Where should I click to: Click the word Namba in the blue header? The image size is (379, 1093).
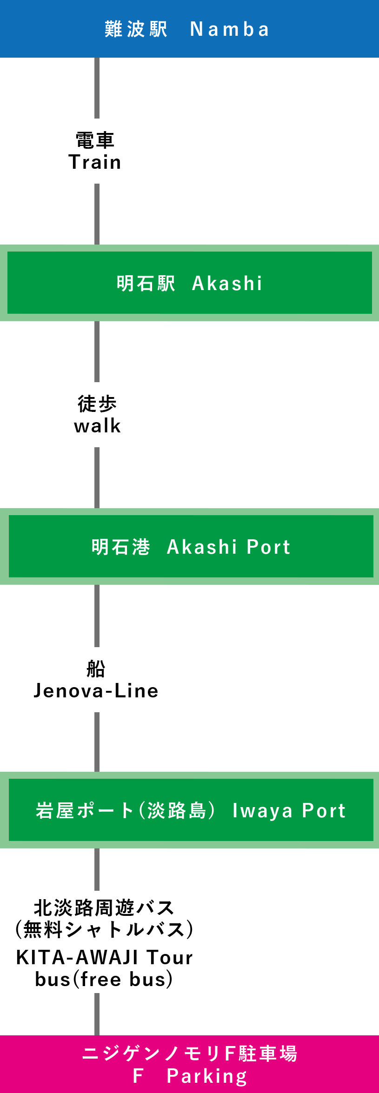(229, 29)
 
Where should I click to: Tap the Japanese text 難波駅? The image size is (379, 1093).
(136, 29)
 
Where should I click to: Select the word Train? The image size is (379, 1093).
(95, 162)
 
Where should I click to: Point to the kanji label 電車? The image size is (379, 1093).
(95, 140)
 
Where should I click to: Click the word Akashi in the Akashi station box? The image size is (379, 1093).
(227, 283)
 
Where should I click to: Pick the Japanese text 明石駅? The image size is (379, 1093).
(146, 283)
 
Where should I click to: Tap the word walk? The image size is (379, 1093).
(97, 426)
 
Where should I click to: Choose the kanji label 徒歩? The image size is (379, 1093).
(97, 404)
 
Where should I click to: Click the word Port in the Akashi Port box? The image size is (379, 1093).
(268, 547)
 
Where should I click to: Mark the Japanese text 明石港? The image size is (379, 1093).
(121, 547)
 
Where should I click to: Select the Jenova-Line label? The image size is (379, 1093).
(96, 691)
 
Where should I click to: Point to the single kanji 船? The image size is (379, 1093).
(96, 669)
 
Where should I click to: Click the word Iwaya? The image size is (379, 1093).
(263, 810)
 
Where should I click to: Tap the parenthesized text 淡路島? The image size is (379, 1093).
(177, 810)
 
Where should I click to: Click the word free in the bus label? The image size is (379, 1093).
(101, 980)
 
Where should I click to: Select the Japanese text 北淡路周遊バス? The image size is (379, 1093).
(104, 908)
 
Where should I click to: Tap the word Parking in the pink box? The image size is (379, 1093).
(206, 1076)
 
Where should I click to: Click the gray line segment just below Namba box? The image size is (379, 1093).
(97, 88)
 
